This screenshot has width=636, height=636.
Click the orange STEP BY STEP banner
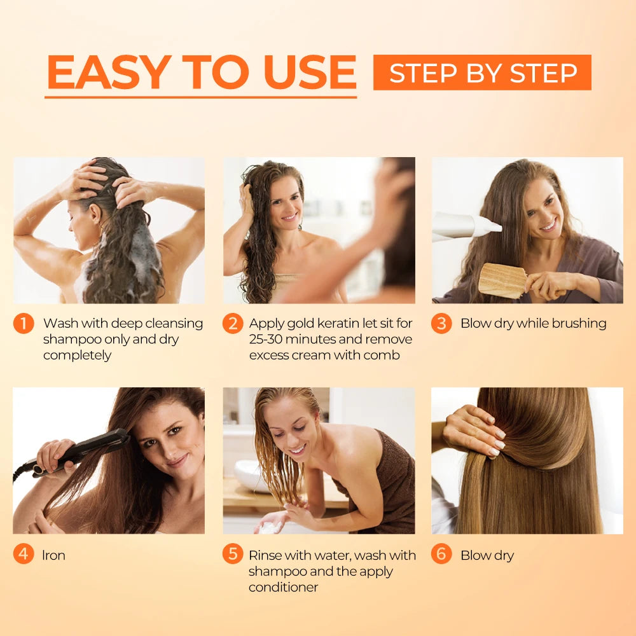[482, 73]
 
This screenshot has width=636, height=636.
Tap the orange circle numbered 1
[24, 324]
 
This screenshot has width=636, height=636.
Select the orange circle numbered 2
[232, 324]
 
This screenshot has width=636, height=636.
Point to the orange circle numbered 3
[441, 324]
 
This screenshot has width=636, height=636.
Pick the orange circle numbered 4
[24, 554]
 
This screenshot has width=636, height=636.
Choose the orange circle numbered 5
[232, 554]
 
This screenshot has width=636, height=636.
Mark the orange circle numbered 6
[441, 554]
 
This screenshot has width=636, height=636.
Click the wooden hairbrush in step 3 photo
[502, 280]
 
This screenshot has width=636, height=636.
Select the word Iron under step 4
[54, 555]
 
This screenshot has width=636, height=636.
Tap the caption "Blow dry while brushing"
[533, 324]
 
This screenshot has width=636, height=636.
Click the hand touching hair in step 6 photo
[474, 432]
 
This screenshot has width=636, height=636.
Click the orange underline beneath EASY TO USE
[200, 97]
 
